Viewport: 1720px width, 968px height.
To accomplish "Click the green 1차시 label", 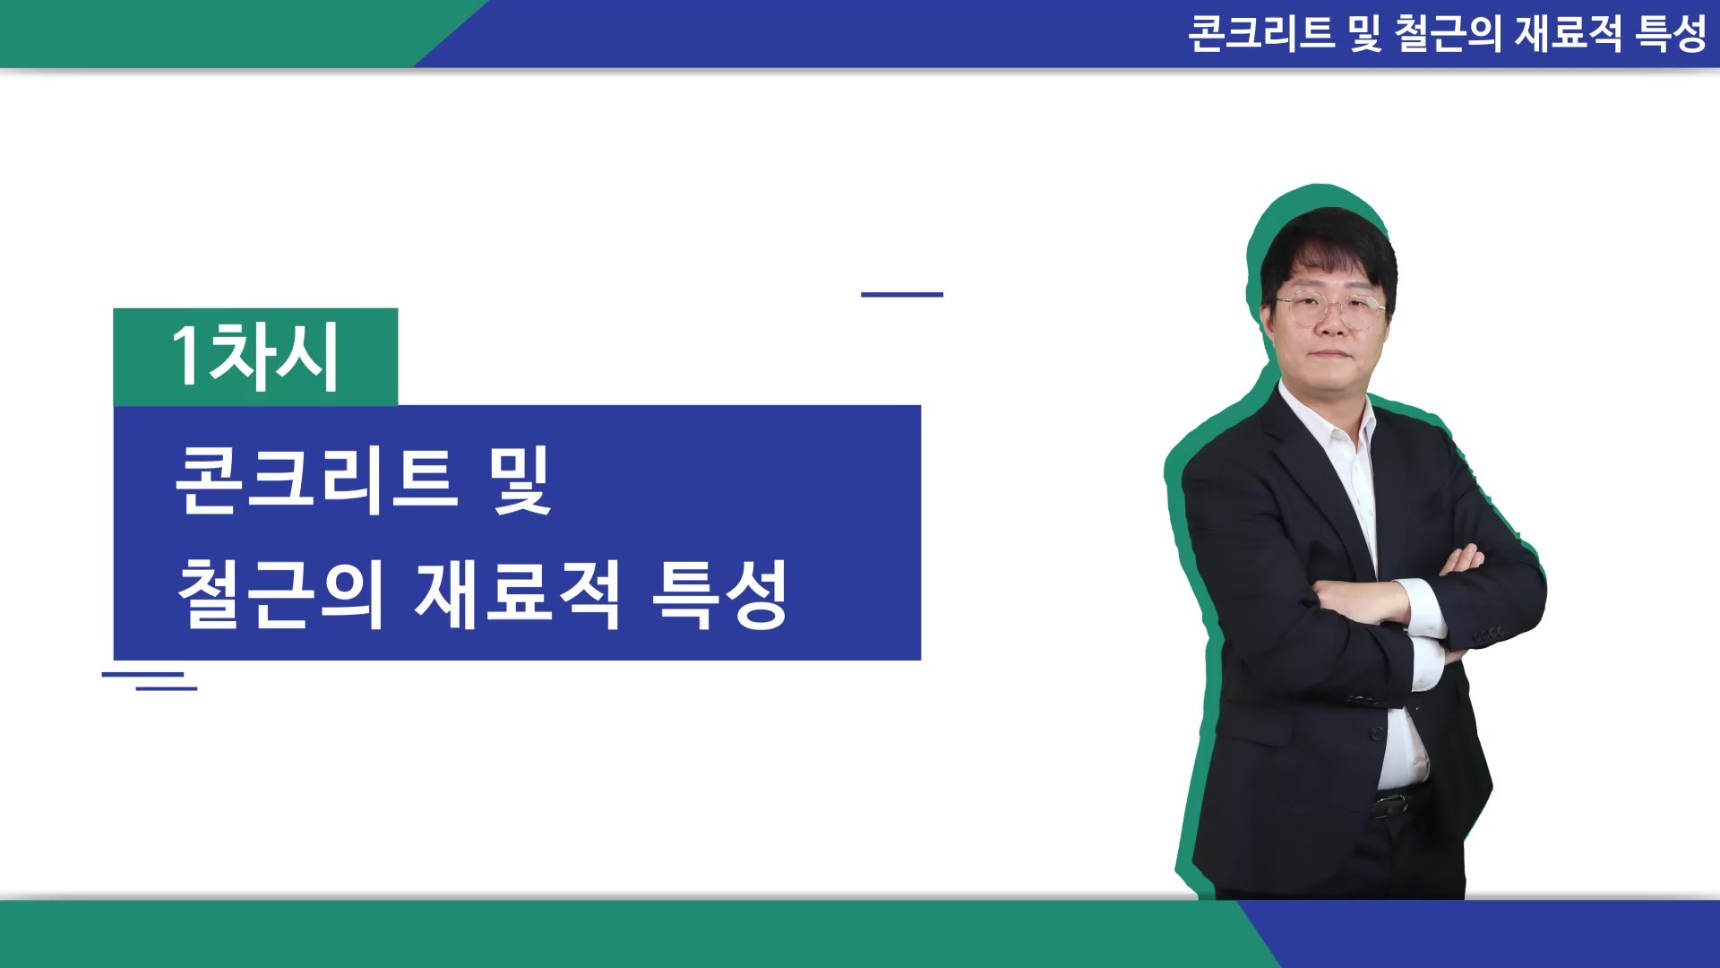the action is (x=255, y=357).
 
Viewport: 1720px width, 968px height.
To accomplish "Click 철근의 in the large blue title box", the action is (x=280, y=593).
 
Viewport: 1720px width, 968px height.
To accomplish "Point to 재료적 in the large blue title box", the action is (x=517, y=593).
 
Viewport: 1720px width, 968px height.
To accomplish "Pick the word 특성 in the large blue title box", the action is (x=719, y=593).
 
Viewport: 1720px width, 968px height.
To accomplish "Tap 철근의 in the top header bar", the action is (x=1448, y=34).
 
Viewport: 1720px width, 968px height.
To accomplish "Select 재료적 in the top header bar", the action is (x=1568, y=34).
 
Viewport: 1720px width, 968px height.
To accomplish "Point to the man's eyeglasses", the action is (x=1329, y=307).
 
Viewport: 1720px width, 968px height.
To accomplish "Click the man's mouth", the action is (x=1333, y=357).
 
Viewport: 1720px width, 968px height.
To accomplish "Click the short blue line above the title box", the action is (x=902, y=294).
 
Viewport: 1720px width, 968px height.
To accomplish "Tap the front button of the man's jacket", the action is (x=1379, y=734).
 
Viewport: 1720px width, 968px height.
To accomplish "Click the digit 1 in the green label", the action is (x=186, y=355).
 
